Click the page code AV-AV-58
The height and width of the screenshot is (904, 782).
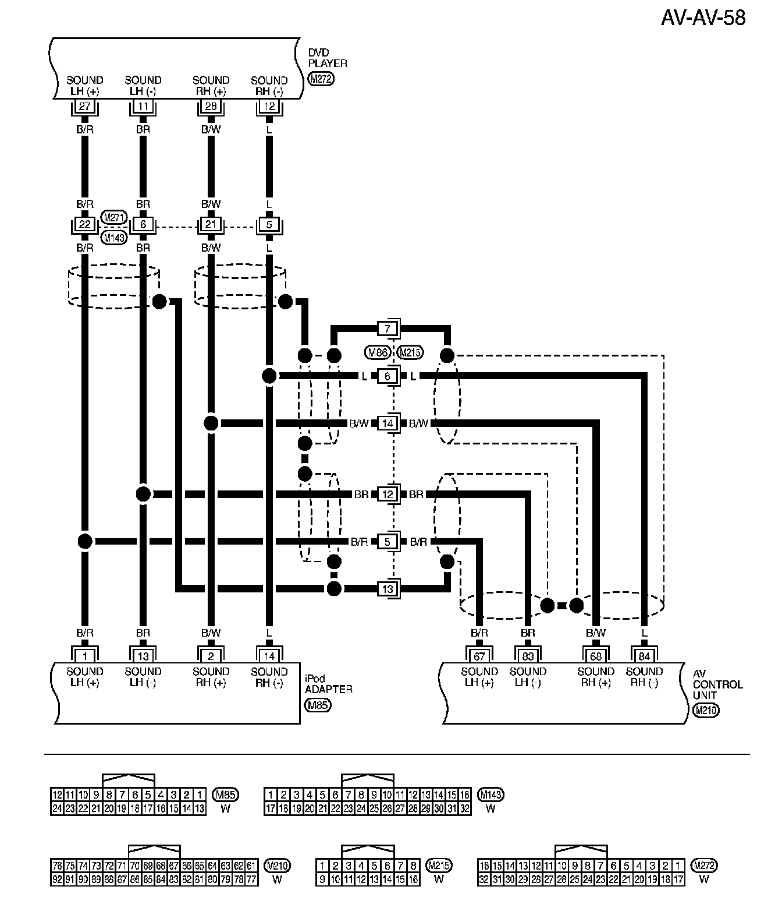coord(703,17)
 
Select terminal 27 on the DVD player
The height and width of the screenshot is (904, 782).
coord(85,107)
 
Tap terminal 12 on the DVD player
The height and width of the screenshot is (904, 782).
coord(269,107)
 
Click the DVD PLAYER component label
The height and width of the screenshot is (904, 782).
coord(328,58)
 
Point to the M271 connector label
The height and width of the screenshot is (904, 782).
coord(114,217)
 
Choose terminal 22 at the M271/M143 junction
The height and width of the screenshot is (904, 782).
coord(85,225)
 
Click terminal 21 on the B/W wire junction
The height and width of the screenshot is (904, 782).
coord(211,225)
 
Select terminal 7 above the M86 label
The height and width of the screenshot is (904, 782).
coord(388,328)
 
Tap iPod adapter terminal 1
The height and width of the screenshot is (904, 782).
coord(85,656)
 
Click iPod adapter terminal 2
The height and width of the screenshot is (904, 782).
coord(211,656)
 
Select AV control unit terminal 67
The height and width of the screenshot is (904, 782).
coord(479,656)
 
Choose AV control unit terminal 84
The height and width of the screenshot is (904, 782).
coord(644,656)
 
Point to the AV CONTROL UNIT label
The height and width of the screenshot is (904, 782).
coord(718,684)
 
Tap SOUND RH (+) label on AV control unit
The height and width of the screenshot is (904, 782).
coord(596,677)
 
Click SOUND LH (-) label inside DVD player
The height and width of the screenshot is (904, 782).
coord(143,86)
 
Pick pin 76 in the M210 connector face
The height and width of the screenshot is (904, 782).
coord(58,866)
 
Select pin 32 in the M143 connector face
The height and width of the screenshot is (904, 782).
coord(464,808)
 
